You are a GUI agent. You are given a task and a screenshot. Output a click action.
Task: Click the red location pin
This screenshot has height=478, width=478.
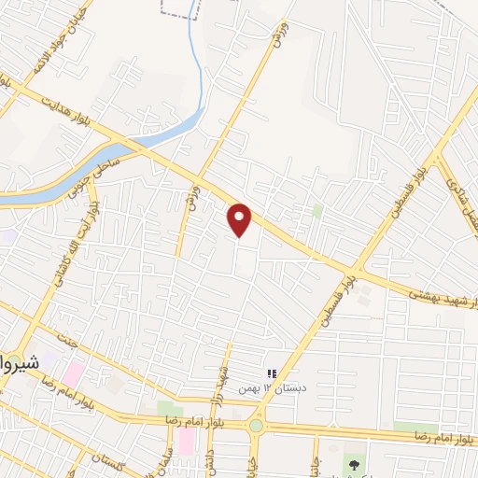pos(240,219)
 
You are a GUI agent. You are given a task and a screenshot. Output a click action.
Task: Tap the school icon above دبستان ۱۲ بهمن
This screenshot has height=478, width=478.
pos(272,373)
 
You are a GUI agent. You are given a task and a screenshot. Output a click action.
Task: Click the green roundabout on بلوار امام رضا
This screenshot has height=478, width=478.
pos(256,426)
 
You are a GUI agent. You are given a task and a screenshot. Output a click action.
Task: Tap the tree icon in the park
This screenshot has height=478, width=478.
pos(353,463)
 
